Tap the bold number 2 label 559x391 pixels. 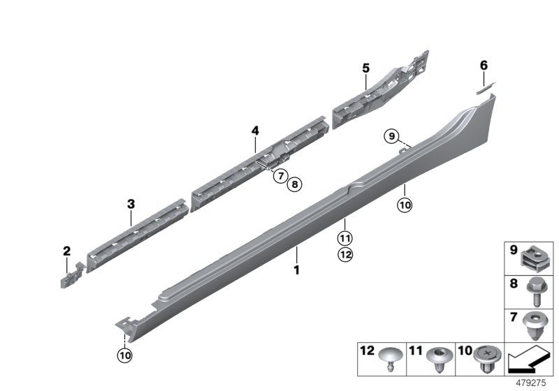pyautogui.click(x=66, y=251)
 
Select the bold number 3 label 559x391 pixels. pyautogui.click(x=131, y=204)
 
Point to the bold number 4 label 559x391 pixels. pyautogui.click(x=255, y=131)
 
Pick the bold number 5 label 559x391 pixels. pyautogui.click(x=365, y=68)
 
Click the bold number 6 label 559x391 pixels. pyautogui.click(x=483, y=66)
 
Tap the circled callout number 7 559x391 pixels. pyautogui.click(x=279, y=176)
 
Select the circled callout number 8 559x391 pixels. pyautogui.click(x=294, y=184)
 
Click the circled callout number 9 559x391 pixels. pyautogui.click(x=391, y=135)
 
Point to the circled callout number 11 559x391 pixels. pyautogui.click(x=345, y=239)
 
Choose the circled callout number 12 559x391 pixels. pyautogui.click(x=345, y=255)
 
